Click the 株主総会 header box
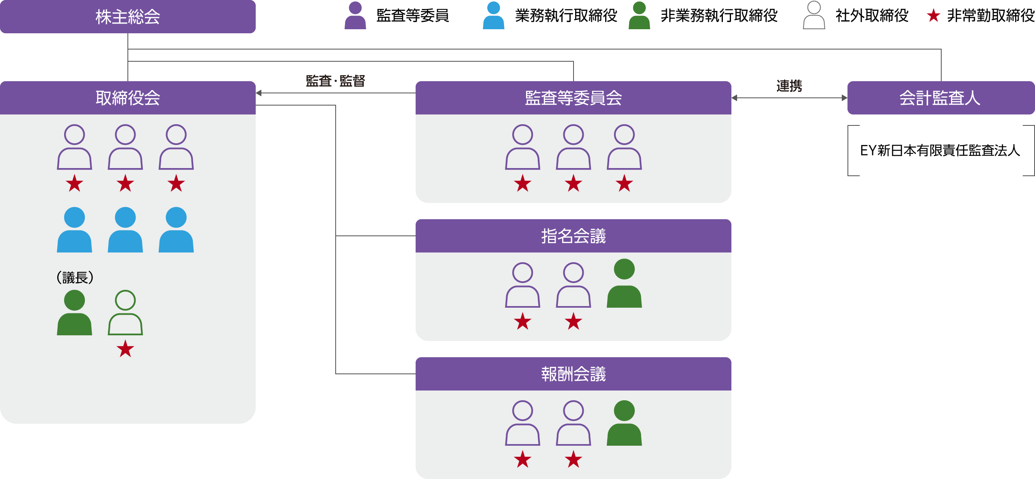[127, 17]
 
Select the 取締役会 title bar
[127, 98]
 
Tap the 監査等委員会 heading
[573, 98]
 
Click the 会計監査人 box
[940, 98]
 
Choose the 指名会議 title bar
[573, 236]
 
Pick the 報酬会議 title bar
[573, 374]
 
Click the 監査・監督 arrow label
[335, 81]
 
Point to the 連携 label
[789, 86]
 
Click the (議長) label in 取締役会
[75, 278]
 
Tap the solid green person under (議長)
[74, 313]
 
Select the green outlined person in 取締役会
[125, 313]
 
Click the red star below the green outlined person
[125, 349]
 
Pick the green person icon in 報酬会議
[624, 423]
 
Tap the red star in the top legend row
[934, 16]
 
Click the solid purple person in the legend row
[355, 15]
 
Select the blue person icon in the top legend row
[493, 15]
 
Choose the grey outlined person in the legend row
[814, 15]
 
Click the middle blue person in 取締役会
[125, 230]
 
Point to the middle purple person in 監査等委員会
[573, 147]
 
